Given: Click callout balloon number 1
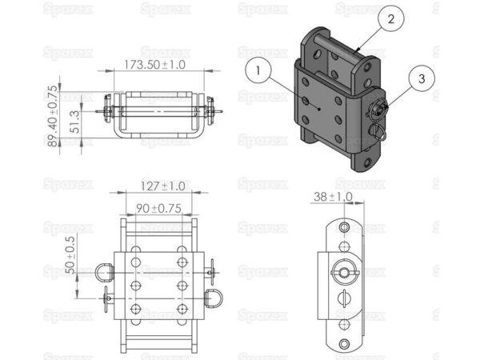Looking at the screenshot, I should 258,71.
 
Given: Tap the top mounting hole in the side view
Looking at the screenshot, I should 345,228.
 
